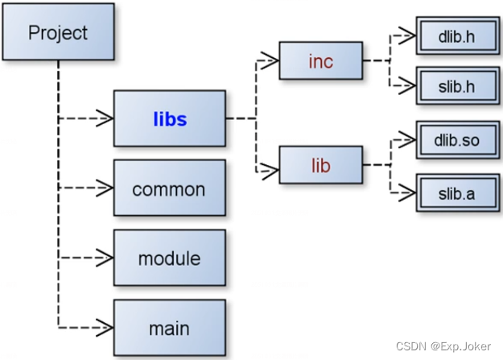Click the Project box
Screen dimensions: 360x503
pyautogui.click(x=58, y=33)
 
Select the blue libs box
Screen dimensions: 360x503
pyautogui.click(x=169, y=119)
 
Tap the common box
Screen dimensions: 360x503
pyautogui.click(x=169, y=189)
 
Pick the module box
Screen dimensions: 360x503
pyautogui.click(x=169, y=259)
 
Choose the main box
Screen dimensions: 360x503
pyautogui.click(x=169, y=328)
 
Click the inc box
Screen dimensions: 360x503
pyautogui.click(x=320, y=62)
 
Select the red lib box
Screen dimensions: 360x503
pyautogui.click(x=320, y=167)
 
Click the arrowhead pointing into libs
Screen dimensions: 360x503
pyautogui.click(x=104, y=119)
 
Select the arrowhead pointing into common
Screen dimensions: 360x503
pyautogui.click(x=104, y=189)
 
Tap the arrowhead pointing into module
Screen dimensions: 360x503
pyautogui.click(x=104, y=259)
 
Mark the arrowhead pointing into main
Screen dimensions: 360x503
pyautogui.click(x=104, y=328)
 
